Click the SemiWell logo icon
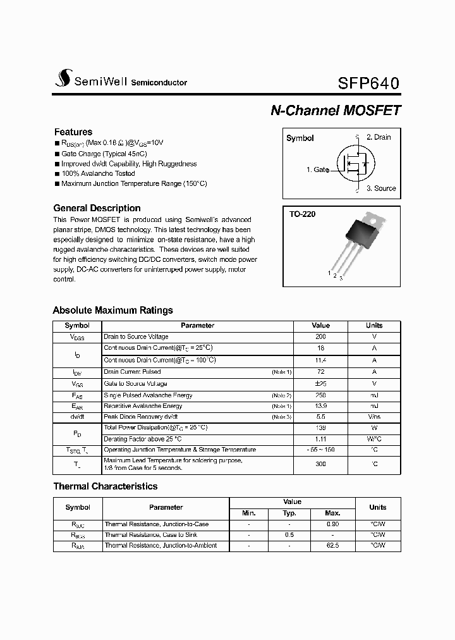62,78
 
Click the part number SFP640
368,83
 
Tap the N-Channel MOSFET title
336,110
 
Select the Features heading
73,132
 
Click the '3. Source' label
380,188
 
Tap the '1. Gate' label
317,169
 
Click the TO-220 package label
302,214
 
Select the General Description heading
97,208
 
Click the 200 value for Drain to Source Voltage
320,337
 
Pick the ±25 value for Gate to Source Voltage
320,384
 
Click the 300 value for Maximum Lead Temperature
320,464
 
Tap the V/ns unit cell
374,417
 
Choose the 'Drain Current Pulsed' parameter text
132,372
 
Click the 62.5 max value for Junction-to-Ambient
332,545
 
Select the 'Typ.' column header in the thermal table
289,513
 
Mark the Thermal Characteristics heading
105,486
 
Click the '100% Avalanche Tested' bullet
98,173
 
